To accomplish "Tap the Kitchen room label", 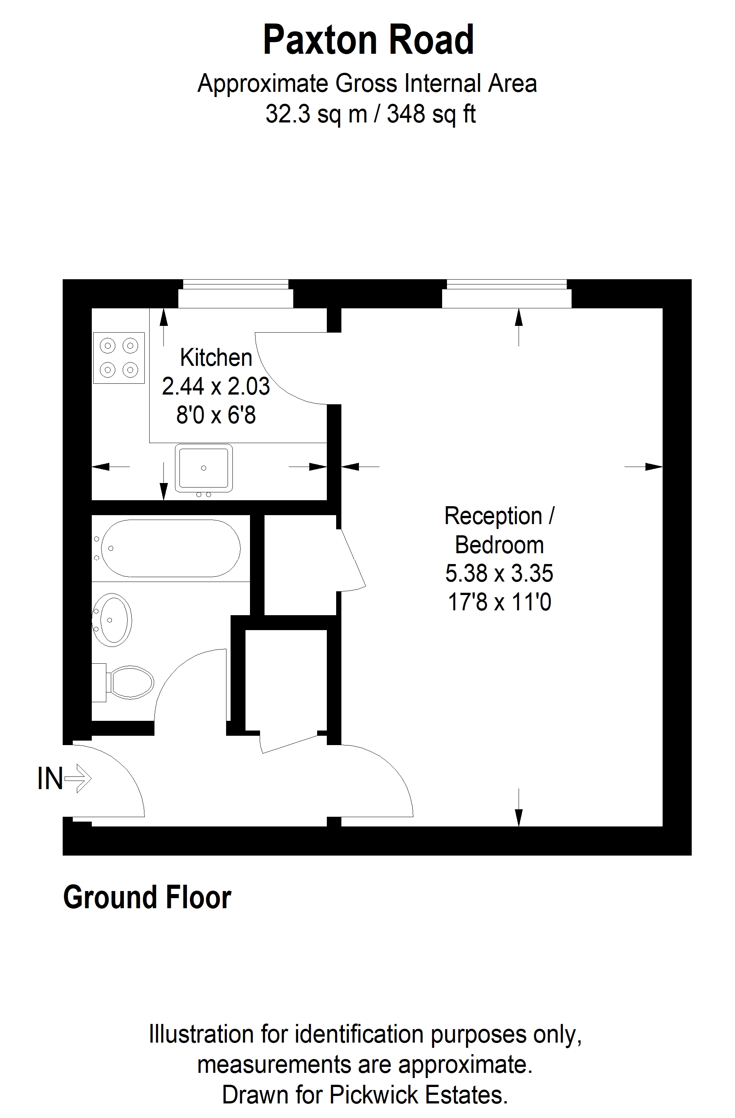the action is tap(216, 358).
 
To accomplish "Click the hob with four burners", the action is tap(119, 358).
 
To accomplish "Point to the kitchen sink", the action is tap(204, 468).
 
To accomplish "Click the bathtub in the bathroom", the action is tap(171, 548).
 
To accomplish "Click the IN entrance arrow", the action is tap(78, 778).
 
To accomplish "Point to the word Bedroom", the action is tap(499, 545).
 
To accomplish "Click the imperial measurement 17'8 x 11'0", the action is tap(499, 602).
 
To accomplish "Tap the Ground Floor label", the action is tap(147, 898).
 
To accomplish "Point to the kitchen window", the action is tap(235, 294).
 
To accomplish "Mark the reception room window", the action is tap(507, 294).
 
